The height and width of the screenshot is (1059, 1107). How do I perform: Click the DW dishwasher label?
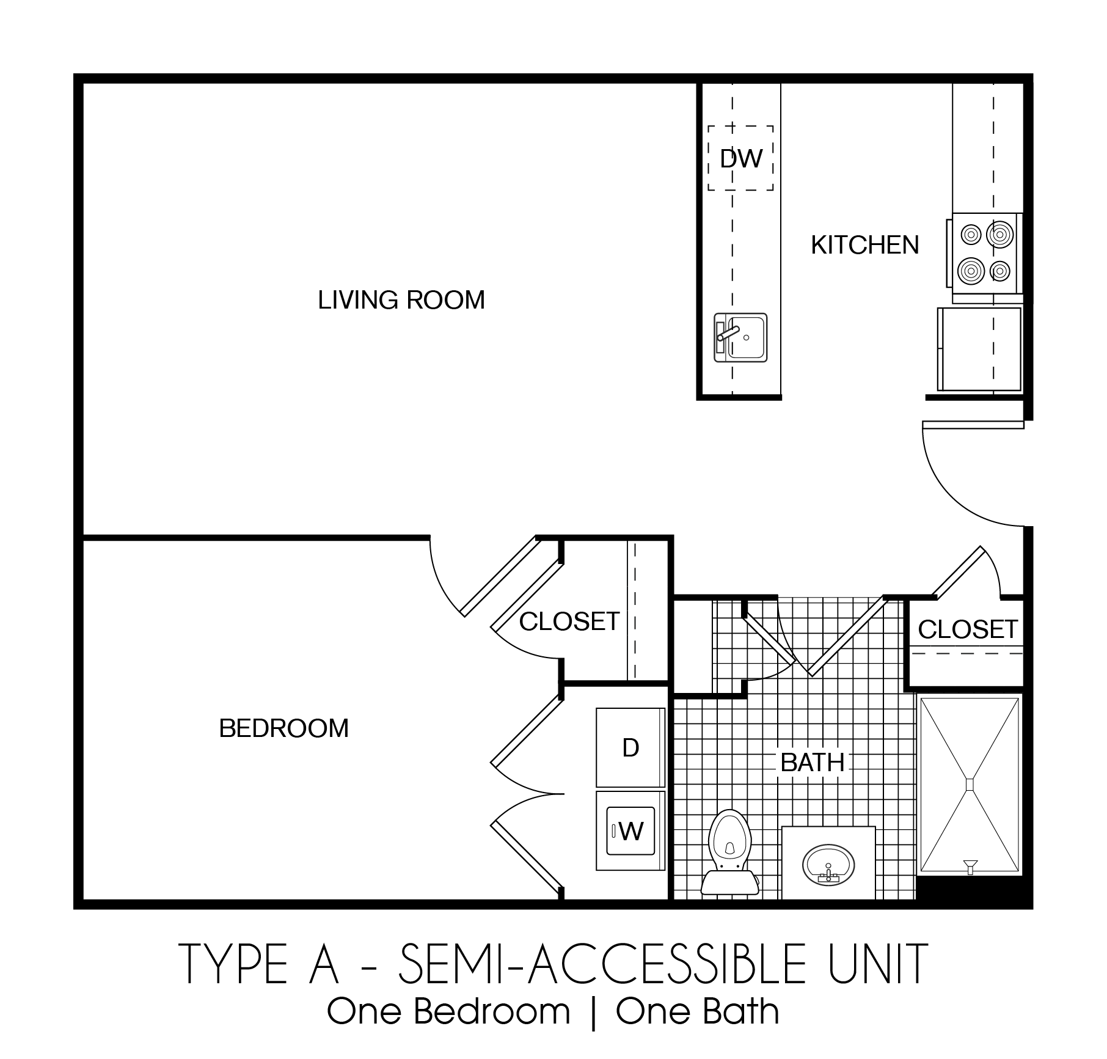click(740, 159)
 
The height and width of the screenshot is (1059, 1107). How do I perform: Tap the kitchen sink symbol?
click(740, 337)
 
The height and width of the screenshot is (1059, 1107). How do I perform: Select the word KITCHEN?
click(864, 245)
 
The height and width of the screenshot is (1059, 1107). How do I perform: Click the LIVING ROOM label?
click(401, 300)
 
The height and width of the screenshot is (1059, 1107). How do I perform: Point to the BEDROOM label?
click(283, 728)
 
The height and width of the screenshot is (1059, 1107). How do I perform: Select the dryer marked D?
click(630, 747)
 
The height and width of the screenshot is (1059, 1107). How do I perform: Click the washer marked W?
click(630, 831)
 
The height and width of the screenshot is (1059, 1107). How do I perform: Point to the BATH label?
click(813, 763)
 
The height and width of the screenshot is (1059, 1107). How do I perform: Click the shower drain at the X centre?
click(970, 784)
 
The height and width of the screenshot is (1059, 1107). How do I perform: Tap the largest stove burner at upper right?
click(1001, 234)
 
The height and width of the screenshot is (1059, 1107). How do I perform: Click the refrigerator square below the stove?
click(979, 349)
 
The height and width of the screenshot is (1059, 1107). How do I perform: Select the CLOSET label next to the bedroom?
click(569, 621)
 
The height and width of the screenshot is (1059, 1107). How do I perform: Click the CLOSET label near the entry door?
click(968, 629)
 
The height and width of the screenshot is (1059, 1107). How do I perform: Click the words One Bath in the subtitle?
click(697, 1012)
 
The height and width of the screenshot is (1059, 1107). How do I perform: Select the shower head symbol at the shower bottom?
click(970, 866)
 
